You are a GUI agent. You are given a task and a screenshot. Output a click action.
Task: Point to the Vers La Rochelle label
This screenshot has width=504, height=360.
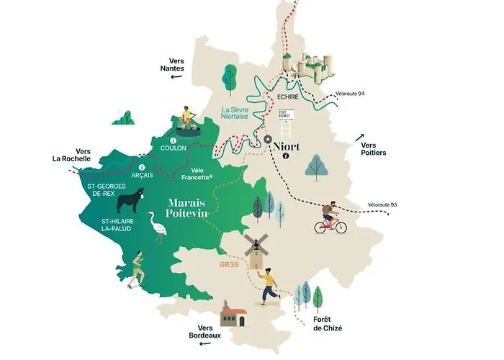click(71, 155)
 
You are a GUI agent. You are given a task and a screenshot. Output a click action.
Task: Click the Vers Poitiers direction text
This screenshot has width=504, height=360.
click(373, 148)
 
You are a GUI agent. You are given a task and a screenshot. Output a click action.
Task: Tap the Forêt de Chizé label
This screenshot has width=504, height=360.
click(327, 323)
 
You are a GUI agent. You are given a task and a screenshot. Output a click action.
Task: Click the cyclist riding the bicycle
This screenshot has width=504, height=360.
click(330, 218)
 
